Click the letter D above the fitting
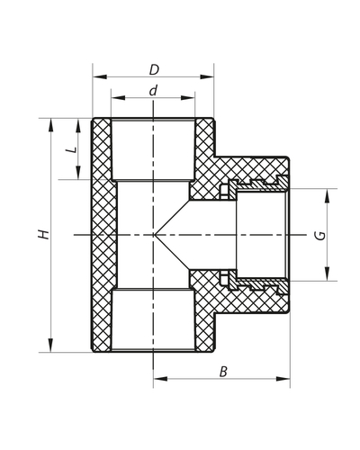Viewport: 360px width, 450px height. [154, 68]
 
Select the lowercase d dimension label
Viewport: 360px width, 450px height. [154, 90]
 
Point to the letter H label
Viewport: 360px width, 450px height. [41, 234]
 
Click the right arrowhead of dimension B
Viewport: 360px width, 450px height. [288, 378]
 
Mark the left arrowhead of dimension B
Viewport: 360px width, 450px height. [157, 378]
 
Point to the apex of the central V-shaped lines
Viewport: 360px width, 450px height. [154, 235]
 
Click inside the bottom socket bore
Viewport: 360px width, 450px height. [154, 319]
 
